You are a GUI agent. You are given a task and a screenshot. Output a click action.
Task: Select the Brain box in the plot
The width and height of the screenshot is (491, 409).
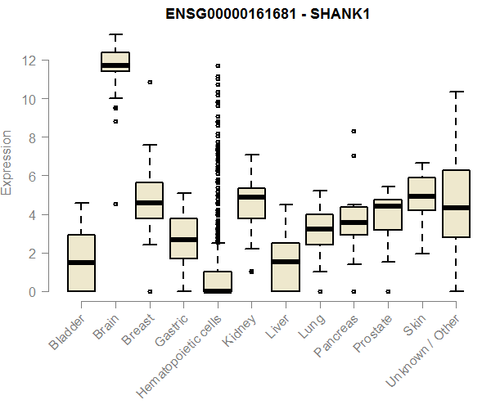coord(115,62)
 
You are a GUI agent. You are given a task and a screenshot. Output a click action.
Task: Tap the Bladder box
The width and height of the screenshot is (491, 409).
coord(81,263)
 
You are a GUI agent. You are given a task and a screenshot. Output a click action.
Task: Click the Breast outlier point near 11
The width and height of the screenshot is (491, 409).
coord(150,82)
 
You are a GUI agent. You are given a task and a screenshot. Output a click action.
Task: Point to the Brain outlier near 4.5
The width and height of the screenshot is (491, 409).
coord(115,204)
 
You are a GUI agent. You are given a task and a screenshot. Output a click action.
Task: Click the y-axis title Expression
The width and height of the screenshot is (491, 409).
coord(8,162)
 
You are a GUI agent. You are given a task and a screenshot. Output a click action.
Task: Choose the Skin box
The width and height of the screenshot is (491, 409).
coord(421,194)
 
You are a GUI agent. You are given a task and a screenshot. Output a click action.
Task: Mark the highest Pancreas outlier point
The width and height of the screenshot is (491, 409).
coord(354,131)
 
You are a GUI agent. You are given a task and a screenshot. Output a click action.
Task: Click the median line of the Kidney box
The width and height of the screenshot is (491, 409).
coord(251,197)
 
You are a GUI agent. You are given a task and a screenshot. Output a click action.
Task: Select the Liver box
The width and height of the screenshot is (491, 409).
coord(286,267)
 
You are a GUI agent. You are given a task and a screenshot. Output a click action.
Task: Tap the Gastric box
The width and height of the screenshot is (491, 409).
coord(183,238)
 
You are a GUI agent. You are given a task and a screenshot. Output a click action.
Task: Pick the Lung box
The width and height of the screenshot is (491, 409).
coord(319,229)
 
